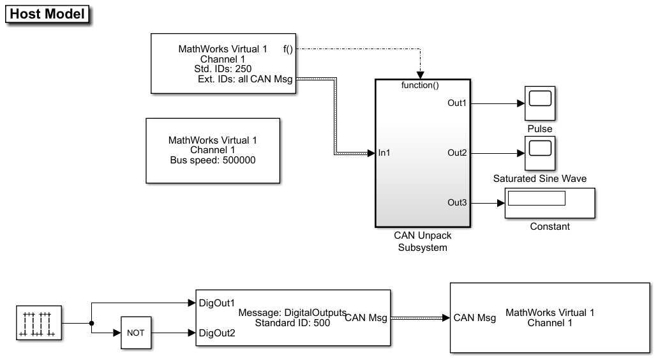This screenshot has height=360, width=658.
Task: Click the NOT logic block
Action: click(136, 333)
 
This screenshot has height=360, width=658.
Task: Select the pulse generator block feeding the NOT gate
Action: click(38, 323)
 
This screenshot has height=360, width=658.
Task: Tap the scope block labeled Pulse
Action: click(539, 102)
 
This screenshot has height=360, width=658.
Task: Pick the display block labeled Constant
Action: click(550, 202)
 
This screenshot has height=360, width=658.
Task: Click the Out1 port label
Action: click(457, 103)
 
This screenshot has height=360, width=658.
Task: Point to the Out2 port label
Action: click(457, 153)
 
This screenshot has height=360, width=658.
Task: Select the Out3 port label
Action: click(457, 202)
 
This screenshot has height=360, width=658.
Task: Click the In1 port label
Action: click(385, 153)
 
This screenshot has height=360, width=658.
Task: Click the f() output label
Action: click(288, 49)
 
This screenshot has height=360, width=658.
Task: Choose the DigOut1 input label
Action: click(218, 303)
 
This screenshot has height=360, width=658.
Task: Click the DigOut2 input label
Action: click(218, 333)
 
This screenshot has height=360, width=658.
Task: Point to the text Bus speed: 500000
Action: click(213, 160)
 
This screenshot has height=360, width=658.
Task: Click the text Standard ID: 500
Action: click(292, 323)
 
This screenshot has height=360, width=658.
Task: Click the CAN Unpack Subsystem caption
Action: click(422, 241)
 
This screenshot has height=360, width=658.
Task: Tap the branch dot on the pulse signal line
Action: click(92, 323)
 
